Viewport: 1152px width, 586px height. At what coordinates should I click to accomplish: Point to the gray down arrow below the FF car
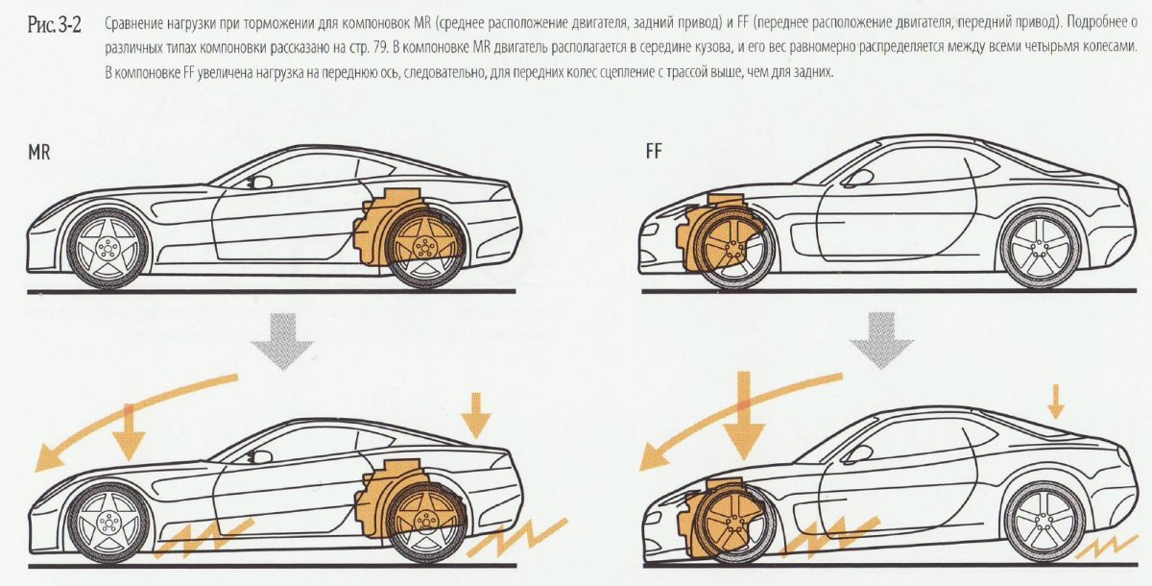880,342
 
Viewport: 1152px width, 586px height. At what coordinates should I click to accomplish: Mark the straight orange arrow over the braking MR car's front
129,432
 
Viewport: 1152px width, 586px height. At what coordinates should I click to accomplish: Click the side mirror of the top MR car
256,180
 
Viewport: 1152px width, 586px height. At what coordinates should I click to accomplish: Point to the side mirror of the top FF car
857,179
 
